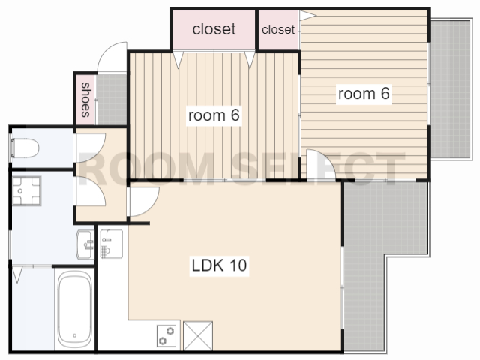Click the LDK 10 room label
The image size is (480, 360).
point(219,265)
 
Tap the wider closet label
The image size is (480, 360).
point(214,29)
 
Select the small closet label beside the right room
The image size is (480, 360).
point(278,30)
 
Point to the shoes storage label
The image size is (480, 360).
point(85,100)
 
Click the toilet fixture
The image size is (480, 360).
point(25,148)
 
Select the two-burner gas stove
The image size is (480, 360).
point(166,335)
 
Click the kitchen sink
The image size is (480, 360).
point(112,244)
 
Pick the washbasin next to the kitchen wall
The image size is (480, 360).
point(85,244)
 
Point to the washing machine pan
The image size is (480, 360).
point(27,190)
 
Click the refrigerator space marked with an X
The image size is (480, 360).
point(198,335)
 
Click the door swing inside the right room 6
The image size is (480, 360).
point(321,165)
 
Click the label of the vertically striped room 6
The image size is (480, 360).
point(214,115)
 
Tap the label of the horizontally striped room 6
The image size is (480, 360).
point(364,93)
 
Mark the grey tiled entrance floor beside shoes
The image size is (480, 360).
point(112,100)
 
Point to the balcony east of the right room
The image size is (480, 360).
point(450,88)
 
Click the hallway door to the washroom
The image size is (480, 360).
point(91,190)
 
